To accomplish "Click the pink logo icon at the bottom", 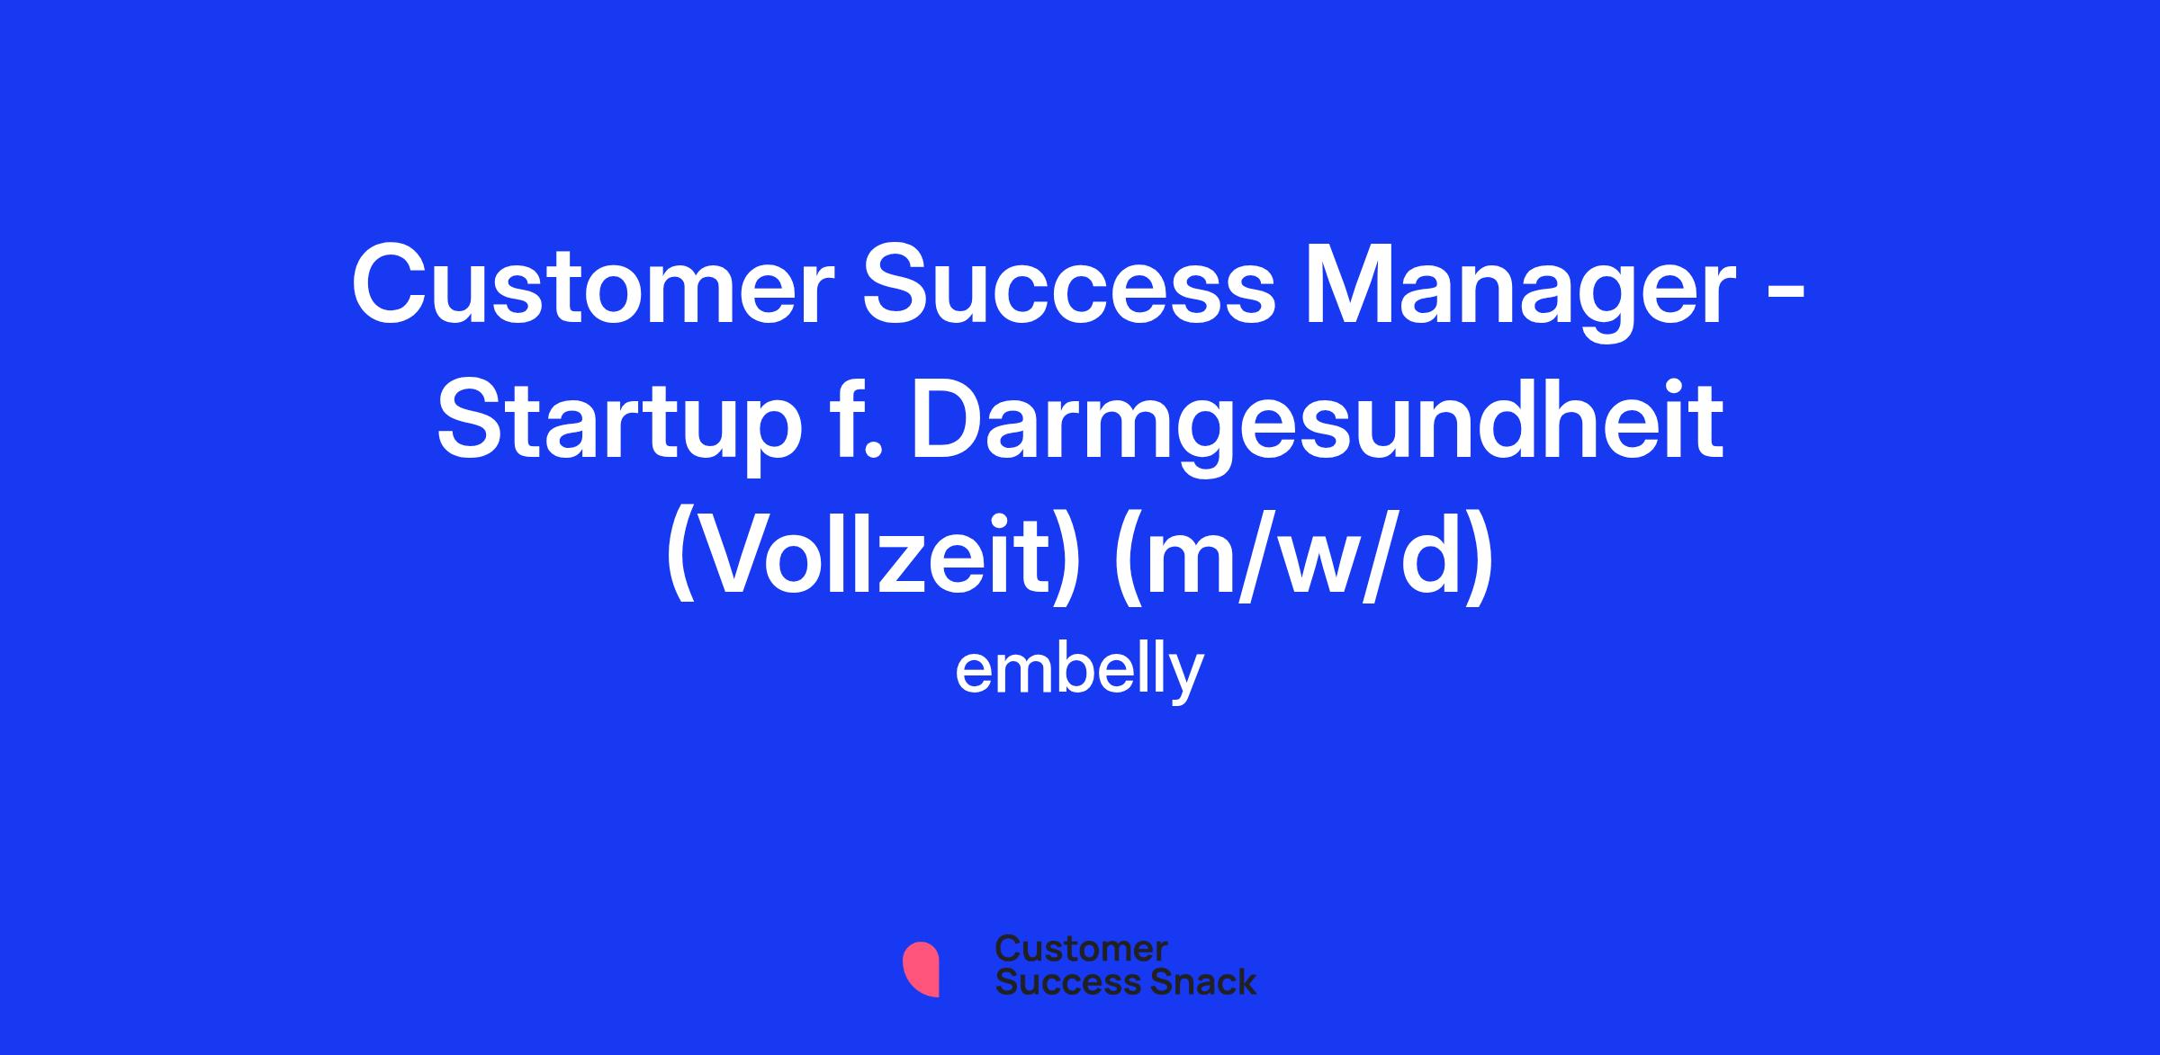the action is point(921,969).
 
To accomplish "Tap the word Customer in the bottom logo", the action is point(1082,949).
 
